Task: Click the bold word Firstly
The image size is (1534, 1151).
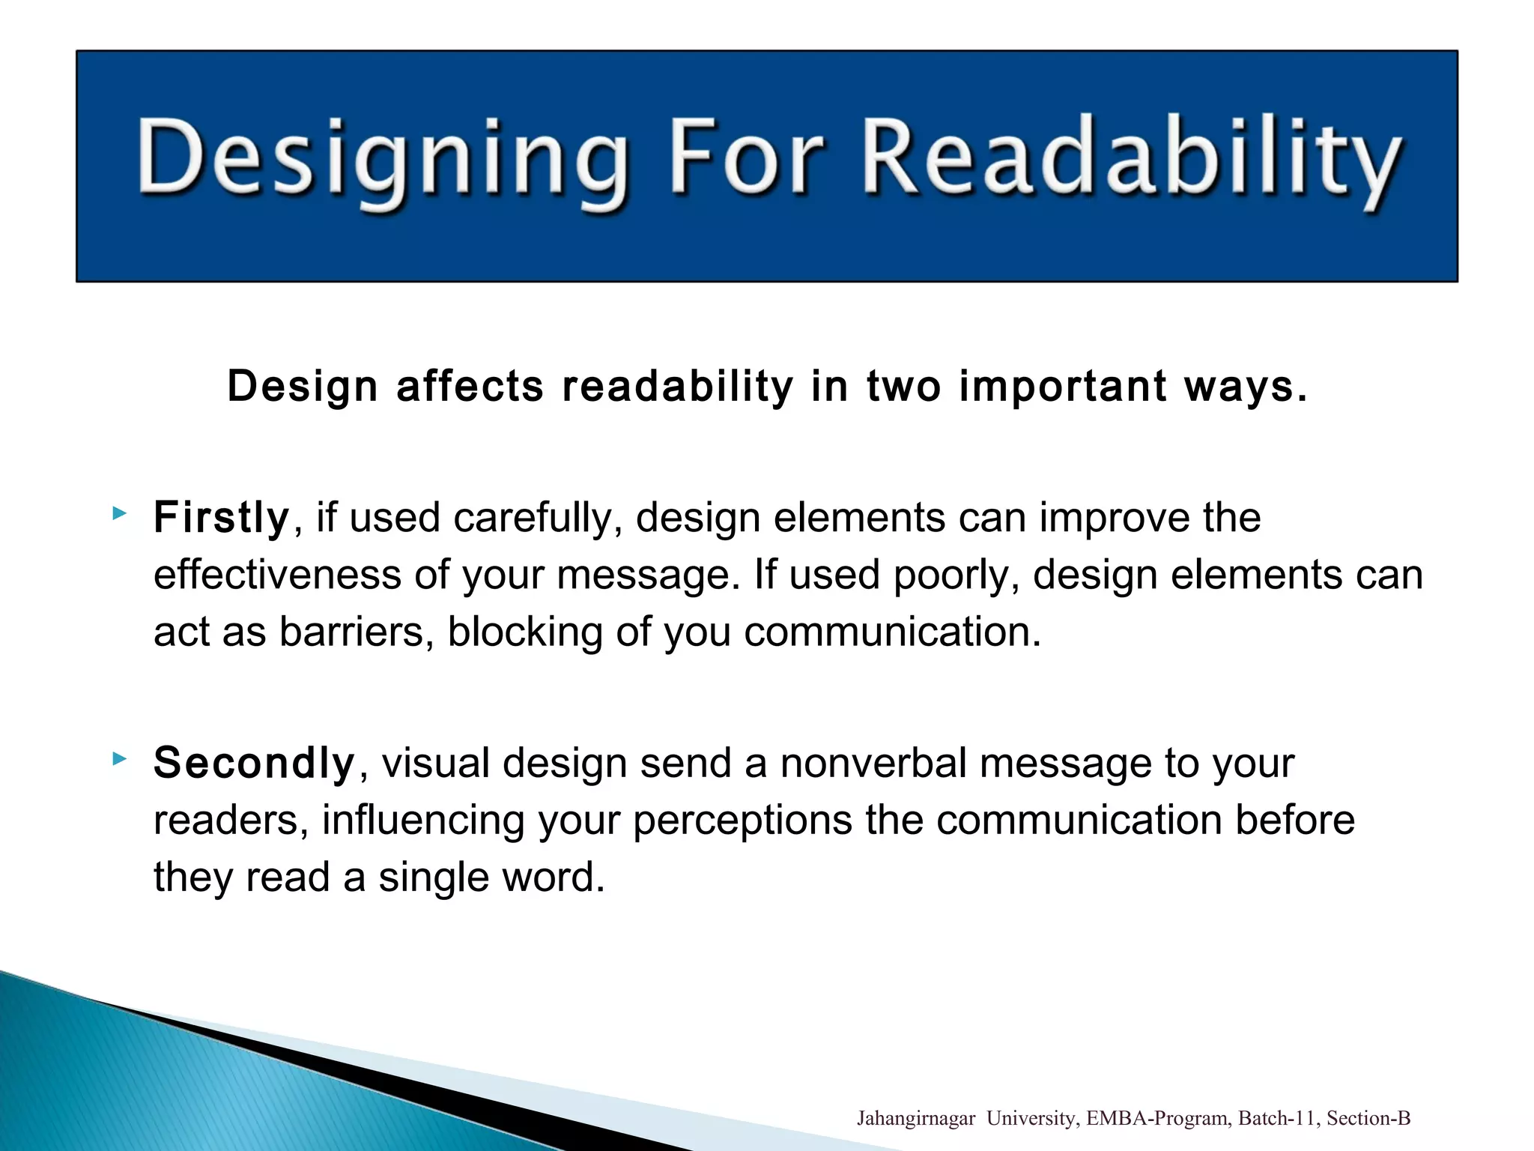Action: [x=221, y=518]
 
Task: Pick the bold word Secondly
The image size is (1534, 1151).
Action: [x=254, y=763]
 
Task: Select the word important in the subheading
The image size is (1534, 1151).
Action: [x=1062, y=386]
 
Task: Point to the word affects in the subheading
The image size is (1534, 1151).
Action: [x=470, y=386]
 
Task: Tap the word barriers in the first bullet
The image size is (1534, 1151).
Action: [x=357, y=632]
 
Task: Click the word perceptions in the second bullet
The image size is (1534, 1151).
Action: [x=742, y=821]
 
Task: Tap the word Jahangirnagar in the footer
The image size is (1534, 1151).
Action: [x=915, y=1119]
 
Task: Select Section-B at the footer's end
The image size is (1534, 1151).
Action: [x=1368, y=1119]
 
